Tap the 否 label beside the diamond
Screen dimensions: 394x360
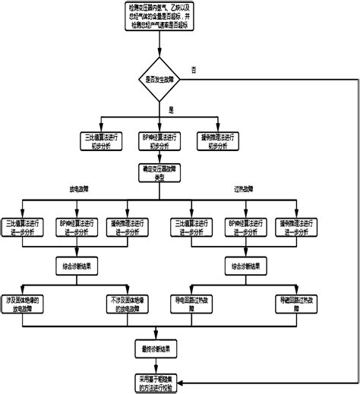coord(194,70)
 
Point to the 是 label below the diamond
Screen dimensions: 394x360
coord(171,110)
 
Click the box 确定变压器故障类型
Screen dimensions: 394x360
coord(159,175)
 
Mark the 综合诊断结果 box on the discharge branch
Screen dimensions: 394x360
coord(79,266)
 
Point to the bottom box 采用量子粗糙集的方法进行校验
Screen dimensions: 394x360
coord(158,382)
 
